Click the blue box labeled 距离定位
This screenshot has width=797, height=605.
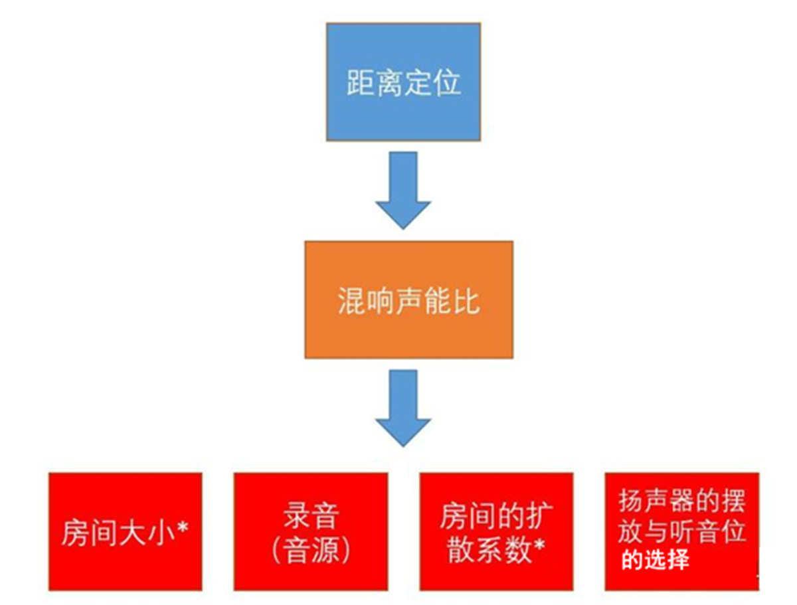[x=404, y=82]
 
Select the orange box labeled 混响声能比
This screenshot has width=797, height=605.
[x=408, y=300]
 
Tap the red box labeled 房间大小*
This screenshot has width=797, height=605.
[x=126, y=531]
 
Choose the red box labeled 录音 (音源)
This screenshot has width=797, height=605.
[x=310, y=531]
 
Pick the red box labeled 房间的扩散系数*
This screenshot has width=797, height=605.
[x=496, y=531]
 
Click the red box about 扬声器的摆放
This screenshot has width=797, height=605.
[x=681, y=531]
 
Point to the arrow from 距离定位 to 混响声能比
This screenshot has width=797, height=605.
[x=403, y=189]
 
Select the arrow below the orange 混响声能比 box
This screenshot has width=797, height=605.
[x=403, y=408]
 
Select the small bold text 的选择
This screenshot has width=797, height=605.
[x=656, y=560]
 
